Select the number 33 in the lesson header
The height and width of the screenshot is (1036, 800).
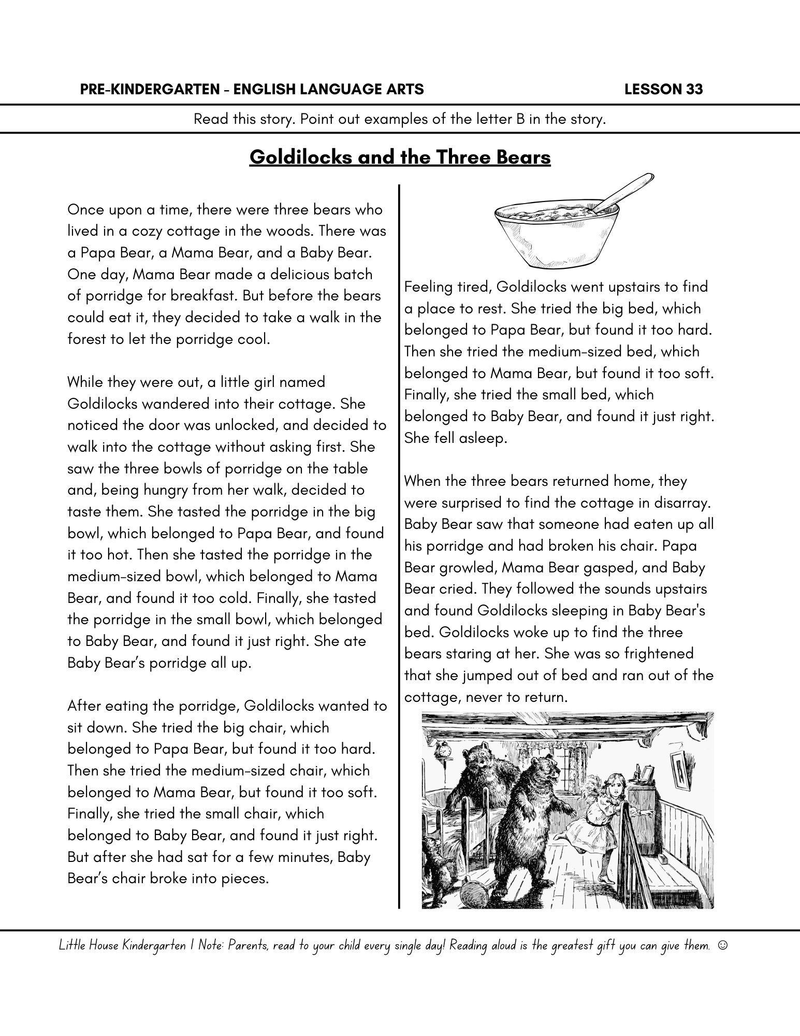(x=694, y=90)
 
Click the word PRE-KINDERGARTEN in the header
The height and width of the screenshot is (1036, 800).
(x=147, y=90)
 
